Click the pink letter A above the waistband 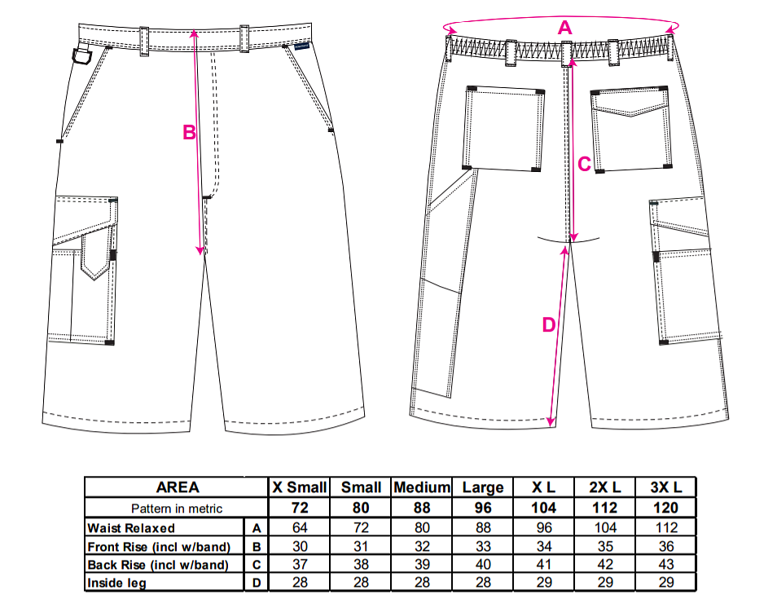click(564, 28)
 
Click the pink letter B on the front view click(188, 132)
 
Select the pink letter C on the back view click(583, 164)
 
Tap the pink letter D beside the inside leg click(548, 324)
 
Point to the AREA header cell click(178, 487)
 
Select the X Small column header click(300, 487)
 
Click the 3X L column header click(665, 487)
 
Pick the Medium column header click(422, 487)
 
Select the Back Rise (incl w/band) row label click(158, 564)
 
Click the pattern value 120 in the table click(665, 508)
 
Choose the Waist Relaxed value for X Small click(300, 528)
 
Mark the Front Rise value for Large click(483, 546)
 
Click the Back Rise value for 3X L click(665, 564)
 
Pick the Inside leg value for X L click(544, 582)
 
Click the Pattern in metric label click(178, 508)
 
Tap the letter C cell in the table click(257, 564)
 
